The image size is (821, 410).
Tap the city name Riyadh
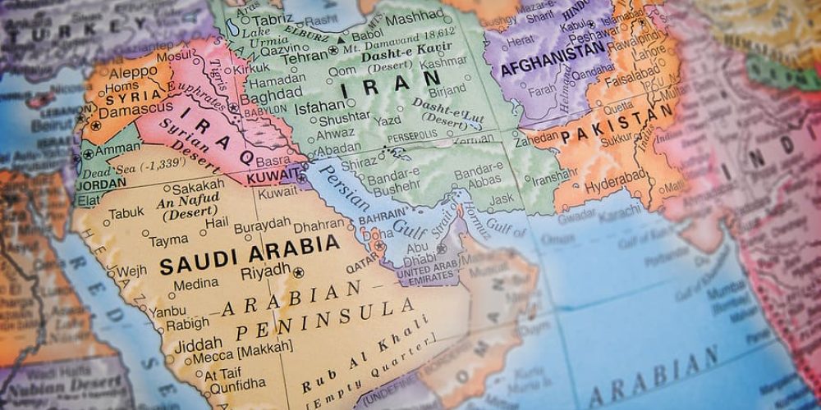(265, 271)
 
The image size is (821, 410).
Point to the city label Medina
(196, 284)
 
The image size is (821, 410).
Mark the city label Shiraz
(358, 163)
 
